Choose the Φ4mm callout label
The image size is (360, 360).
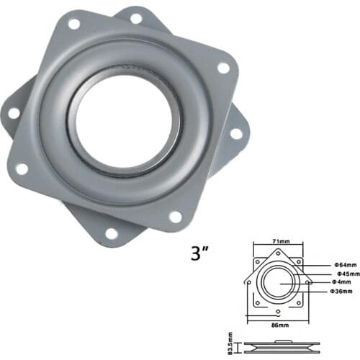[338, 282]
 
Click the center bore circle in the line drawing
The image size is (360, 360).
[278, 282]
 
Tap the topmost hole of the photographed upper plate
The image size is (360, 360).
[73, 24]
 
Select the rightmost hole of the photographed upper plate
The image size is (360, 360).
[223, 68]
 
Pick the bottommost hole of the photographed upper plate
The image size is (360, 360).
[174, 217]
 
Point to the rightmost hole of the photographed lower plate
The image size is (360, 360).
[236, 134]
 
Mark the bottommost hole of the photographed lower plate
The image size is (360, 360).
[111, 233]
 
